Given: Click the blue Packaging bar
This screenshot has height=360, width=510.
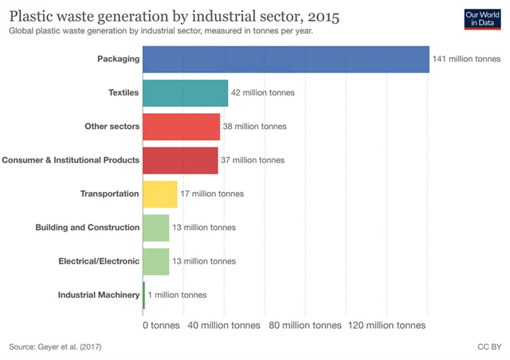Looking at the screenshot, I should [x=285, y=60].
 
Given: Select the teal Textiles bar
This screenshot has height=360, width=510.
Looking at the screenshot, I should [x=185, y=93].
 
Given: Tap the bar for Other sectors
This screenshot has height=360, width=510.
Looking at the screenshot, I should [x=181, y=127].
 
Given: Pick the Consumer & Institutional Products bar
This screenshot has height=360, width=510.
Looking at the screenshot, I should [x=180, y=160].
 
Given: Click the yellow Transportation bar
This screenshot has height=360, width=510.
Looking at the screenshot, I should [x=159, y=194].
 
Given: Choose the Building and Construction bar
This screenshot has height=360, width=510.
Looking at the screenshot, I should [x=155, y=227].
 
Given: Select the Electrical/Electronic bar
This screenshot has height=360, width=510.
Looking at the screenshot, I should [x=155, y=260].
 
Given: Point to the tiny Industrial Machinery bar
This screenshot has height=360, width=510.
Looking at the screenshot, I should [x=143, y=295].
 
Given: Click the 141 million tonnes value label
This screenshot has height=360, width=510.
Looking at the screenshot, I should [x=468, y=60].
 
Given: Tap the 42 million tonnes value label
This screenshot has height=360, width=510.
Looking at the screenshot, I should [x=263, y=93].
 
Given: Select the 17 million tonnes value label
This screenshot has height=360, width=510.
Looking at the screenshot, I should [x=212, y=194].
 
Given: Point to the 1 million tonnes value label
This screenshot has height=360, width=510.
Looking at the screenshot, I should [x=177, y=295].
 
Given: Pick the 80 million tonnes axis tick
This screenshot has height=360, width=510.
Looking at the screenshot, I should [x=305, y=326].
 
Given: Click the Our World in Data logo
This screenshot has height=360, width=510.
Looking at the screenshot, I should [x=481, y=19].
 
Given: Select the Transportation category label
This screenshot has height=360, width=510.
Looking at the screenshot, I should [x=110, y=194].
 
